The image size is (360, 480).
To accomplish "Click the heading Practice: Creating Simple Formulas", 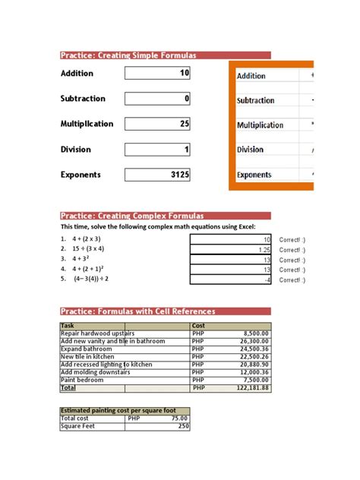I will click(128, 55).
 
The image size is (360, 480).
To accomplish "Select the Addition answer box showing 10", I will click(158, 74).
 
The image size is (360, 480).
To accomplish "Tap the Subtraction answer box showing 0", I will click(158, 99).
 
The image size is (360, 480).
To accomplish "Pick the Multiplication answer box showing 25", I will click(158, 124).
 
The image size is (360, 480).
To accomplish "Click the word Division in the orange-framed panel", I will click(250, 150).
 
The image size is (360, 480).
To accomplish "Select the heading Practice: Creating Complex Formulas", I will click(131, 216).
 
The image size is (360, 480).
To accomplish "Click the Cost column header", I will click(199, 325).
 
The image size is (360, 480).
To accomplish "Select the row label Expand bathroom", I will click(84, 349).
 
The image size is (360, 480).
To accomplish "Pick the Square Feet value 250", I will click(183, 426).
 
